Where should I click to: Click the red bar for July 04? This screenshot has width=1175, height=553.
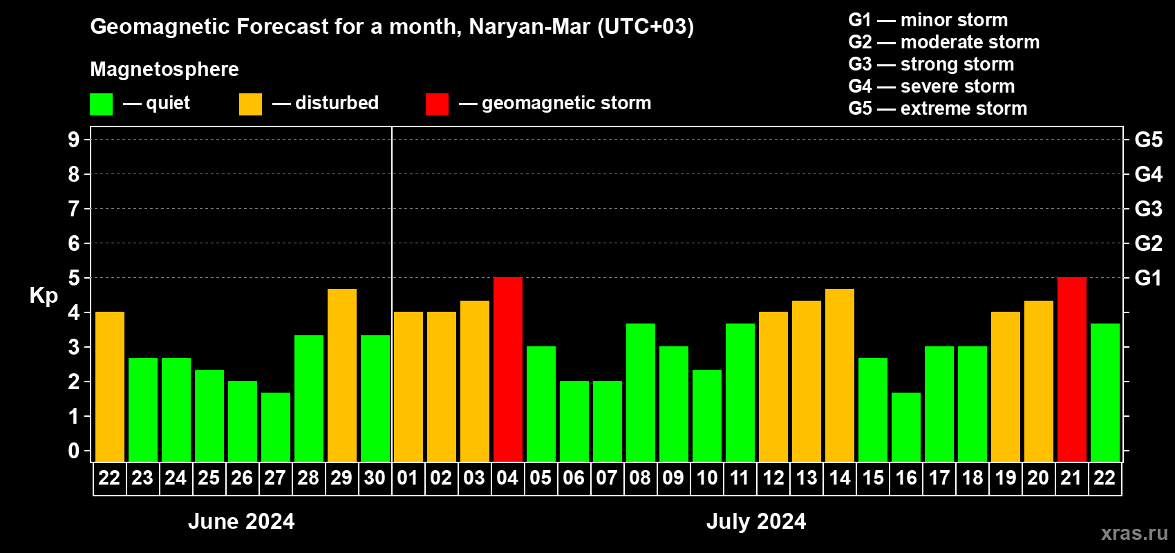(x=508, y=370)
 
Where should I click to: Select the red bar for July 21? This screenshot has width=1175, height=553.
(x=1072, y=370)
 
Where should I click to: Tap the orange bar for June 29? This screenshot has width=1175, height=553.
(x=342, y=375)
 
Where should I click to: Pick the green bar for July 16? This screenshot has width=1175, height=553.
(x=906, y=427)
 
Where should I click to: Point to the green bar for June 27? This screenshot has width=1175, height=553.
(x=276, y=427)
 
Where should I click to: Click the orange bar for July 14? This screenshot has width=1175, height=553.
(x=840, y=375)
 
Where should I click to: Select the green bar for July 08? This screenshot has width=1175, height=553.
(x=641, y=393)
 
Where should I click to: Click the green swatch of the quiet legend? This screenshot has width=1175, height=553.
(x=101, y=104)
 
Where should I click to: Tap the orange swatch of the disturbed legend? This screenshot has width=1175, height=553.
(x=250, y=104)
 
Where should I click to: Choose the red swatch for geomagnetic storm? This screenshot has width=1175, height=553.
(x=437, y=104)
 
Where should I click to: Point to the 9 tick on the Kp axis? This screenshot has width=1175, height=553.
(x=74, y=140)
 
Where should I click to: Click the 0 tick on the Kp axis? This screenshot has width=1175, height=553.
(x=74, y=451)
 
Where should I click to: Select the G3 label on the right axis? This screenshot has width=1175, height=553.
(x=1148, y=209)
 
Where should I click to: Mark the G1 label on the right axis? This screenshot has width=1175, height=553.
(x=1148, y=278)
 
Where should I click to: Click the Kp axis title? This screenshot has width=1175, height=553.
(x=44, y=296)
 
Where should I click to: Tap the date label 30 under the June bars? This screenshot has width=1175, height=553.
(x=375, y=478)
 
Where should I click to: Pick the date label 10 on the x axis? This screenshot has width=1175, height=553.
(x=706, y=478)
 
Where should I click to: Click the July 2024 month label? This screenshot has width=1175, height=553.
(x=756, y=521)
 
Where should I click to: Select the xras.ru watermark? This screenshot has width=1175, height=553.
(x=1134, y=533)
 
